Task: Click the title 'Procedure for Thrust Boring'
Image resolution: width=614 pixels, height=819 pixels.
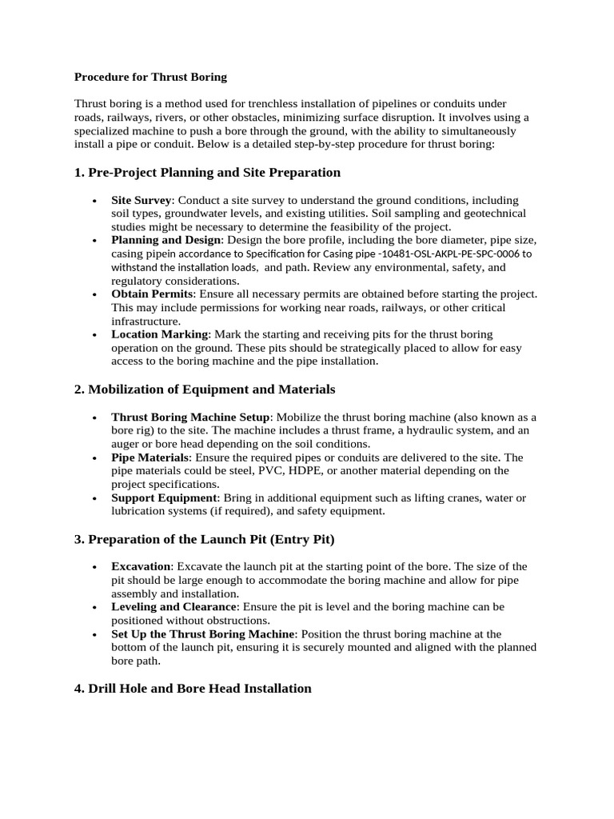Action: tap(150, 78)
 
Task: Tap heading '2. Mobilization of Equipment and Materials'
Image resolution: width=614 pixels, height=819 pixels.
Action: tap(205, 390)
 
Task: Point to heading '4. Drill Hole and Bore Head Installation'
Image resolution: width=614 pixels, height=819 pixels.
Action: tap(193, 689)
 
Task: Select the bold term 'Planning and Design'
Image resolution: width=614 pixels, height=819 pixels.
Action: tap(165, 240)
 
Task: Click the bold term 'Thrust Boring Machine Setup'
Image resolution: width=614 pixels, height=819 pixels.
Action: tap(191, 417)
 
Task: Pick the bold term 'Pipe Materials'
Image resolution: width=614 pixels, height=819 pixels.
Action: tap(150, 457)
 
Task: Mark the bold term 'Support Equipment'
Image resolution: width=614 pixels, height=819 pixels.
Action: tap(164, 498)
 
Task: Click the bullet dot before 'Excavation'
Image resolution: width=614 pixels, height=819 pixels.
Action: tap(95, 567)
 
